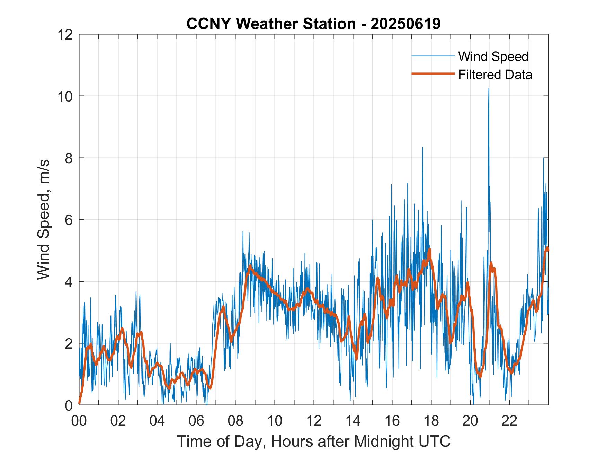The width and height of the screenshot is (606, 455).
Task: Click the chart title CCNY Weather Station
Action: tap(313, 24)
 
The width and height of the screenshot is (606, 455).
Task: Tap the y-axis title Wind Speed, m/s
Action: tap(44, 219)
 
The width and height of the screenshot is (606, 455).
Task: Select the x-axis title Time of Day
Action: tap(313, 441)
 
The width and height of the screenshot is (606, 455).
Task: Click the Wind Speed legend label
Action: tap(493, 56)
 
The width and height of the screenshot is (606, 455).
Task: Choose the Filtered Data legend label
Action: tap(495, 75)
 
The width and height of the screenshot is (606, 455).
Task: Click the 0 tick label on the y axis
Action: tap(69, 405)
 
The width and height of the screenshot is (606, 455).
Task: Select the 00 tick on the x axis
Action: tap(79, 421)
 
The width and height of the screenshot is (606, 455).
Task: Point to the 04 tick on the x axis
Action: tap(157, 421)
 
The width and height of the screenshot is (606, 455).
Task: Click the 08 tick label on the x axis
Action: tap(235, 421)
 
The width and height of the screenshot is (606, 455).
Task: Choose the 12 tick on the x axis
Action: tap(314, 421)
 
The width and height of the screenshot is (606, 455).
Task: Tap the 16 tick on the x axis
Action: tap(392, 421)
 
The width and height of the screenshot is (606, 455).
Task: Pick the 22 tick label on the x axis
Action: tap(509, 421)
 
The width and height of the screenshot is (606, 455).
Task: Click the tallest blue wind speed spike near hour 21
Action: tap(489, 89)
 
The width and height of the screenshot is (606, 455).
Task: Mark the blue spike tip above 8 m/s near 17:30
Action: tap(422, 148)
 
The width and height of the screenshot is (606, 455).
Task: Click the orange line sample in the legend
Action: tap(433, 74)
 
